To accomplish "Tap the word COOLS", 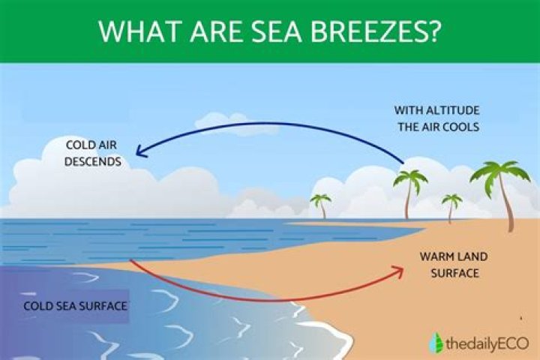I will coord(461,127).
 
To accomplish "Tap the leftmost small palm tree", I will coord(321,205).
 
